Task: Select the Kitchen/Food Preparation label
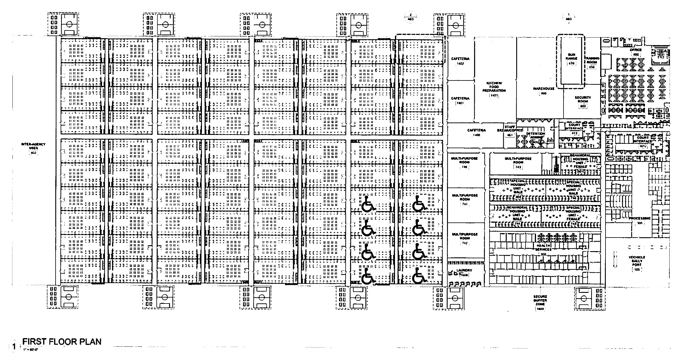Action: [494, 87]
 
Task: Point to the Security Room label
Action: [583, 99]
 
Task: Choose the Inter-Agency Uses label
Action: [33, 146]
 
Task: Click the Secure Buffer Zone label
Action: [540, 300]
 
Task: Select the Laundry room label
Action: [464, 270]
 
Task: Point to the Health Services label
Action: [543, 247]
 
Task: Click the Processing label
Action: [639, 218]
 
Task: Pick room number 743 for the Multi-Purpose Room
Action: [518, 167]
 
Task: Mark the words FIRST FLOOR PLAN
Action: [62, 342]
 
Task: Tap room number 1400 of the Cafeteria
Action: [476, 135]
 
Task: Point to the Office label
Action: [636, 50]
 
